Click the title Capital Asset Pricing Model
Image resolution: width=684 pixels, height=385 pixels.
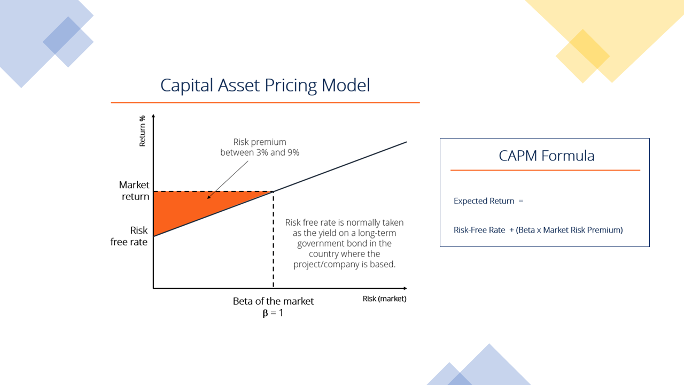tap(265, 85)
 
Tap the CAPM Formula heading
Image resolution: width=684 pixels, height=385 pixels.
tap(546, 156)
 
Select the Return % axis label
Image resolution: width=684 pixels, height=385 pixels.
tap(142, 131)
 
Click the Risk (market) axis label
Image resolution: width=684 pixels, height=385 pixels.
tap(384, 299)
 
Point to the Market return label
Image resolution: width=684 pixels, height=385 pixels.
tap(134, 191)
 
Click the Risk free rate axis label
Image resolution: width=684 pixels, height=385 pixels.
tap(129, 236)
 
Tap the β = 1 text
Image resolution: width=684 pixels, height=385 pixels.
tap(273, 313)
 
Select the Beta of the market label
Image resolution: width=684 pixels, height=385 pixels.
tap(273, 301)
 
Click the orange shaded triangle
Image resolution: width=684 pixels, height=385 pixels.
tap(189, 208)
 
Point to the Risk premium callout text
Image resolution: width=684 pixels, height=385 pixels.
tap(260, 147)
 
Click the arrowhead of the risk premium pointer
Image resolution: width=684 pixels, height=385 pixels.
tap(209, 197)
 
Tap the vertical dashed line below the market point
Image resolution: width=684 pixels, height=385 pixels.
tap(273, 240)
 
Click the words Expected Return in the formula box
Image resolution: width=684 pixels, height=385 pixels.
tap(484, 201)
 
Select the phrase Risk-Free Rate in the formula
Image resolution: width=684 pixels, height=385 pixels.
tap(479, 230)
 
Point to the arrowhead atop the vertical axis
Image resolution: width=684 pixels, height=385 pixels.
tap(153, 116)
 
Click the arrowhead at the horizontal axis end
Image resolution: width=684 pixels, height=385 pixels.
tap(405, 288)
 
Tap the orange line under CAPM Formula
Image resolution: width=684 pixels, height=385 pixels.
tap(545, 170)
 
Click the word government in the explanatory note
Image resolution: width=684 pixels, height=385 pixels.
tap(318, 243)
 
